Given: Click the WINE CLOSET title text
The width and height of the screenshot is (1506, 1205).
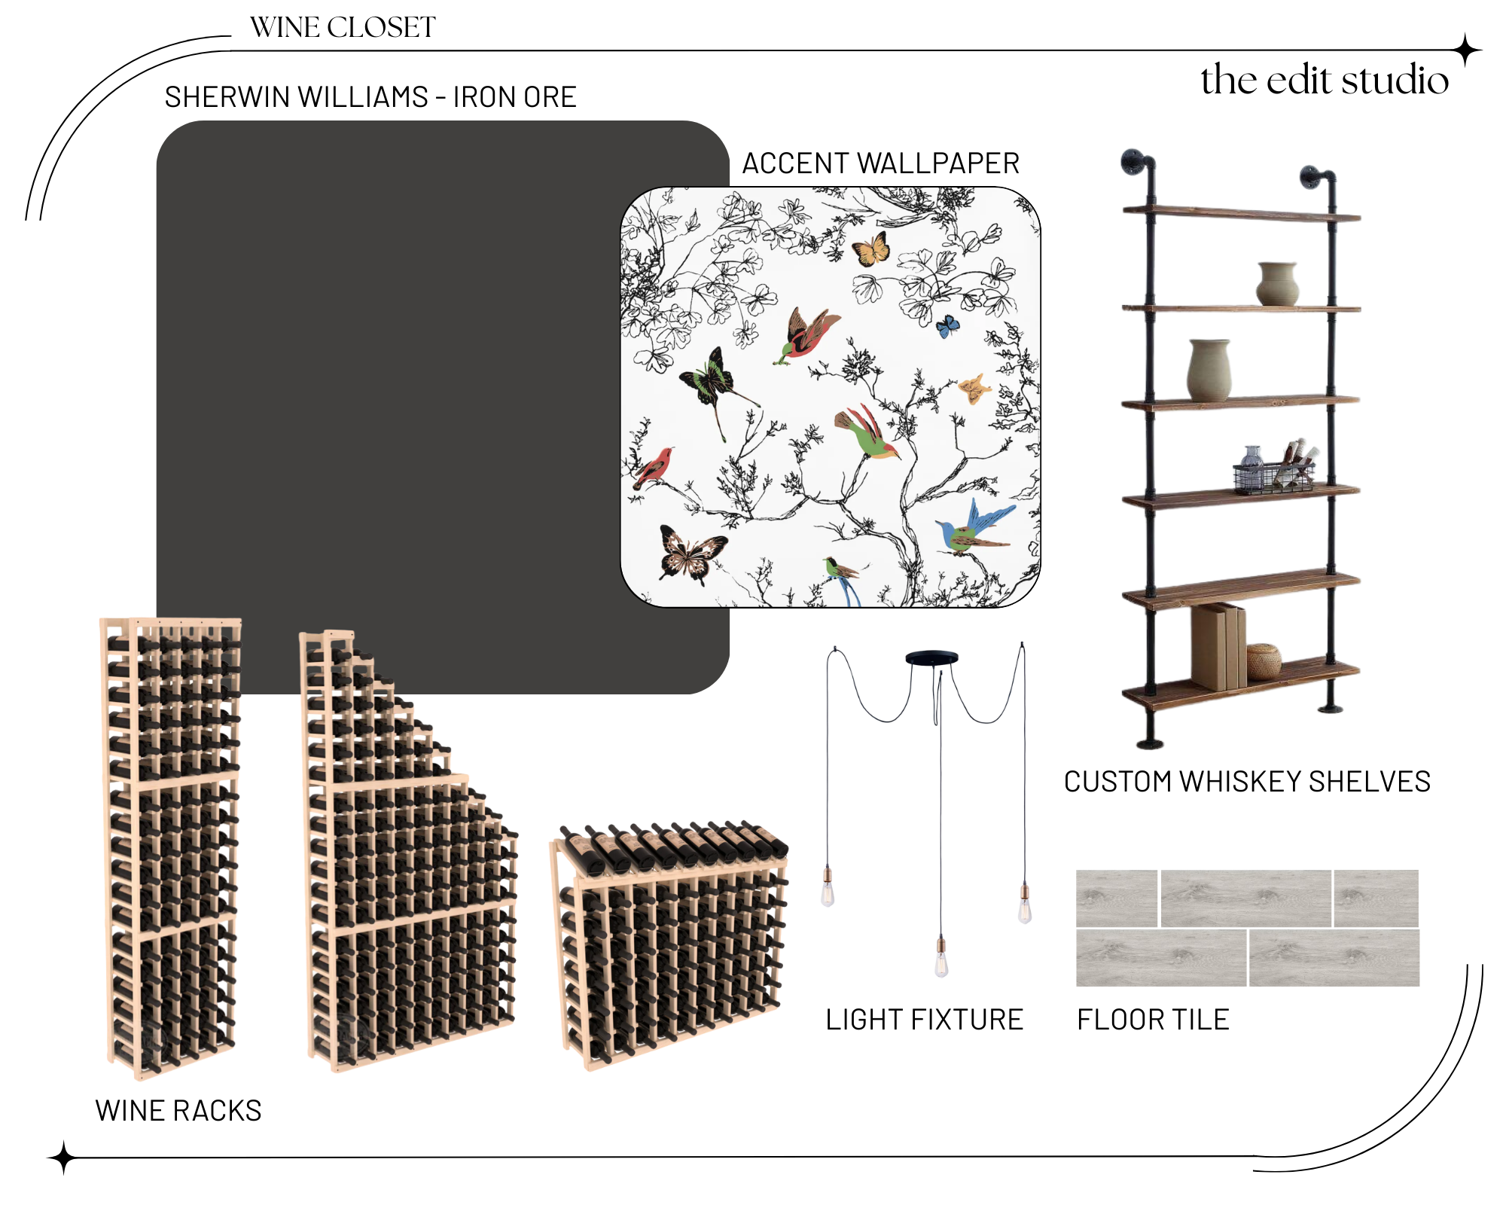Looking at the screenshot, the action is point(343,28).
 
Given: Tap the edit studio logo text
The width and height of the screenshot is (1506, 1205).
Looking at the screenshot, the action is point(1324,80).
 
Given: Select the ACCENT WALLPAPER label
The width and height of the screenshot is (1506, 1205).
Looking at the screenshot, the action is point(881,163).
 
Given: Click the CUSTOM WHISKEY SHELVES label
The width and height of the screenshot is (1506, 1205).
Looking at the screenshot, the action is point(1247,782).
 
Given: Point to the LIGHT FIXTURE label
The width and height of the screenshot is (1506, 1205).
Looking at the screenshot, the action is point(924,1020).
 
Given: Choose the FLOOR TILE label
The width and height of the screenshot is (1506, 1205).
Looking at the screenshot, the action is point(1153,1020).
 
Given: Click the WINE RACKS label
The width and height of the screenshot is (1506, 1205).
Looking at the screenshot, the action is point(178,1111).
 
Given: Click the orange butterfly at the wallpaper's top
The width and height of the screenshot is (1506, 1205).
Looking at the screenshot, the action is point(871,249).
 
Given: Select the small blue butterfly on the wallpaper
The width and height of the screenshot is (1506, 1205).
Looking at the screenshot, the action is point(947,326).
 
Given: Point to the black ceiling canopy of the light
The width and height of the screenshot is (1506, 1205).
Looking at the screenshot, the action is point(931,657).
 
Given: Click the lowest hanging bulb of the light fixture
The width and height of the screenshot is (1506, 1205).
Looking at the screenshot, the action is point(941,962).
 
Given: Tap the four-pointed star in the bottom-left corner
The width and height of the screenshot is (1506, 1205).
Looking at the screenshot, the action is point(64,1158).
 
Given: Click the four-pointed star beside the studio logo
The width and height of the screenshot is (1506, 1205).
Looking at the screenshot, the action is point(1466,51).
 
